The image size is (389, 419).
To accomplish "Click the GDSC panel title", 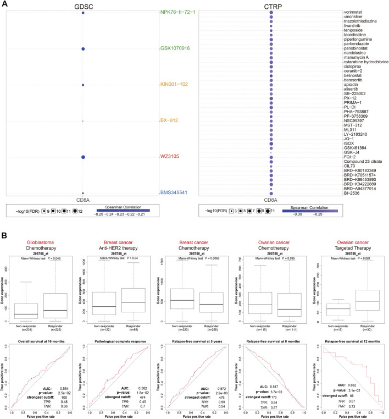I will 83,5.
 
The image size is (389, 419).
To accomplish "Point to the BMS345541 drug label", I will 177,193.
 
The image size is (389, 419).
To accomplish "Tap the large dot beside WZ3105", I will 83,157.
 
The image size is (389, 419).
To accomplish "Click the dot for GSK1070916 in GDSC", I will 83,49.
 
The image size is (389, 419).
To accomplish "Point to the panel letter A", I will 4,5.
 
